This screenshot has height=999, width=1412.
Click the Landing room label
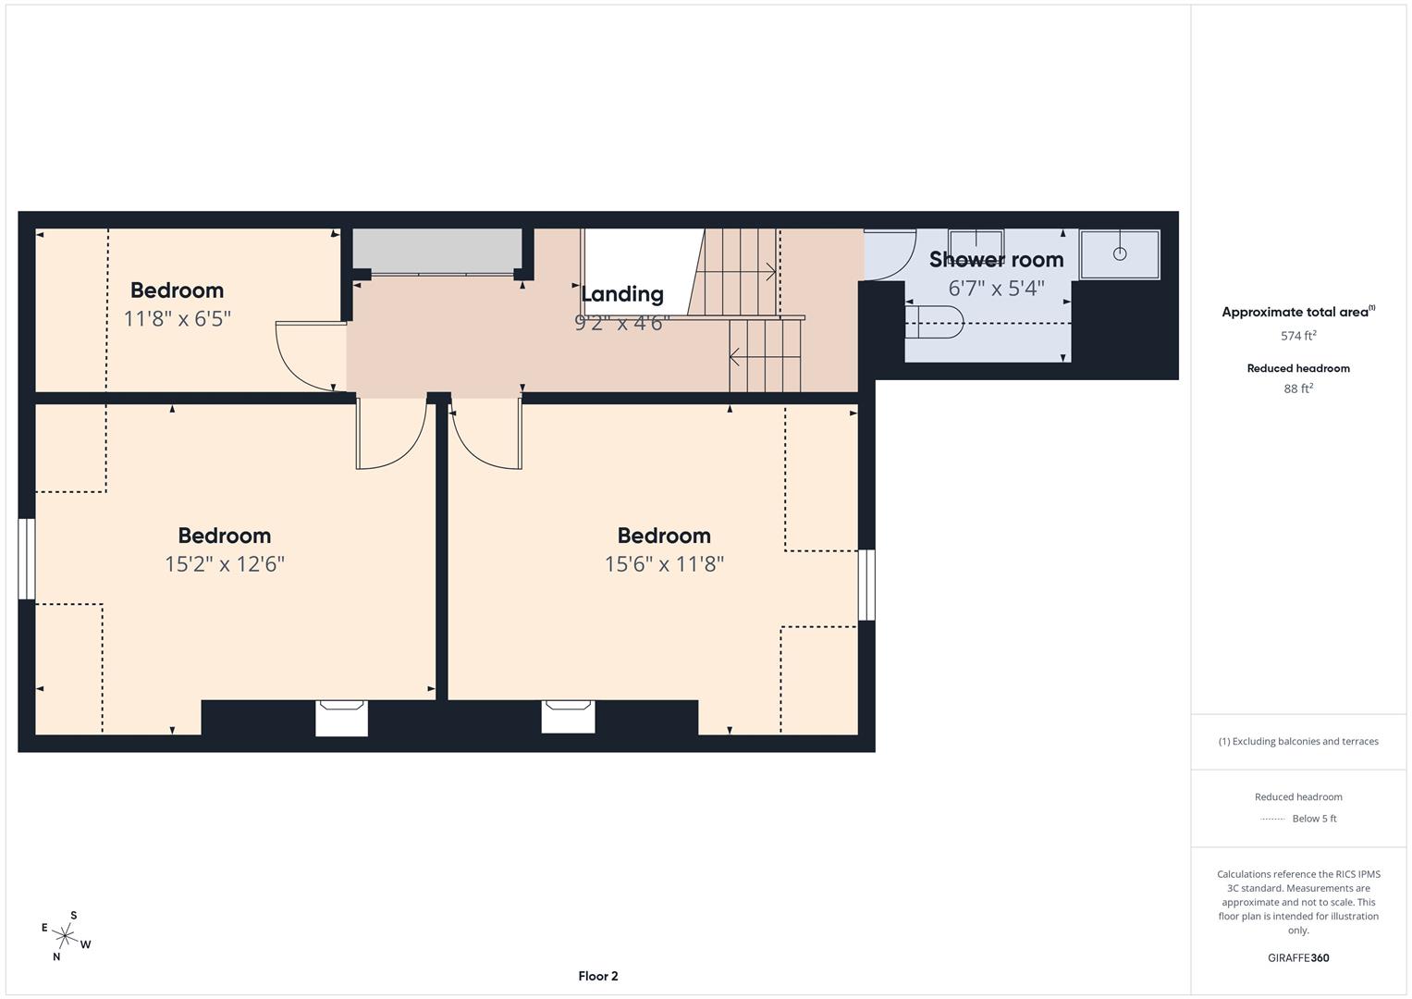pyautogui.click(x=621, y=294)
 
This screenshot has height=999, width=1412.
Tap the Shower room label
pyautogui.click(x=996, y=260)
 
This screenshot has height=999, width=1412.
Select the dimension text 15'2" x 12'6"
pyautogui.click(x=225, y=564)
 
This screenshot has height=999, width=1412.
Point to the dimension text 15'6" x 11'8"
pyautogui.click(x=664, y=564)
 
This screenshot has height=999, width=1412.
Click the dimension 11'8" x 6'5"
pyautogui.click(x=177, y=319)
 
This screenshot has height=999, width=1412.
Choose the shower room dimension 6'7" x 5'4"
pyautogui.click(x=996, y=289)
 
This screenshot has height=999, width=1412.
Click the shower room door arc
pyautogui.click(x=889, y=255)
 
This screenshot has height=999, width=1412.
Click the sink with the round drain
pyautogui.click(x=1119, y=253)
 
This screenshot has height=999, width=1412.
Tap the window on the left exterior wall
pyautogui.click(x=27, y=559)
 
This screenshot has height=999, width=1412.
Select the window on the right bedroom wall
pyautogui.click(x=866, y=585)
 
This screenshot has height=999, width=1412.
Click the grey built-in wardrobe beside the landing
pyautogui.click(x=436, y=250)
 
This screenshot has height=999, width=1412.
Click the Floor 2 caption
pyautogui.click(x=597, y=976)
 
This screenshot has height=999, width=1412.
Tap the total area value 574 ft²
pyautogui.click(x=1297, y=336)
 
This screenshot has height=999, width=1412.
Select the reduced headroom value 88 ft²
pyautogui.click(x=1297, y=388)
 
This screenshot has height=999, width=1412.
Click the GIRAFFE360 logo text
pyautogui.click(x=1297, y=957)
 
